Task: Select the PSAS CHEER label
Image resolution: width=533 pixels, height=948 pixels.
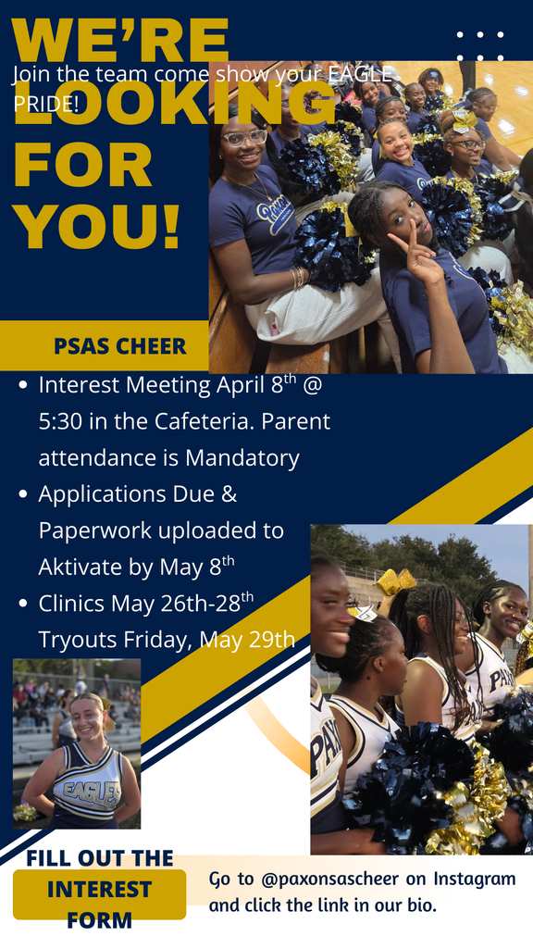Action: [x=119, y=347]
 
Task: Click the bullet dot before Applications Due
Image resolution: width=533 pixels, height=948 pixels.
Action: [x=23, y=495]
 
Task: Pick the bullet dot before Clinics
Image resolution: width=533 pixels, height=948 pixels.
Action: [x=23, y=604]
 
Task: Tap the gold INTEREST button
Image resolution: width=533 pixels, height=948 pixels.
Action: [x=99, y=891]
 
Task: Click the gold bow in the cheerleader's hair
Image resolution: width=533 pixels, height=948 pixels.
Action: [x=396, y=581]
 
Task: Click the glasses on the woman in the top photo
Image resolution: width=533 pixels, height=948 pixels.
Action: [x=244, y=138]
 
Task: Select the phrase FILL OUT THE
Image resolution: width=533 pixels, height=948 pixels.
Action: [x=99, y=857]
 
